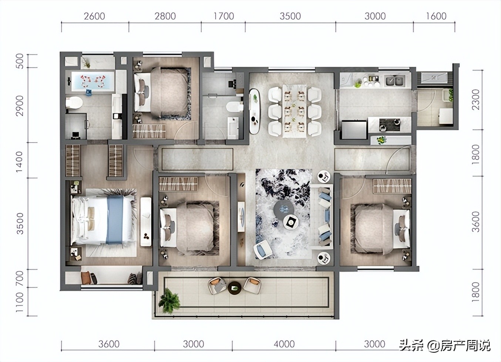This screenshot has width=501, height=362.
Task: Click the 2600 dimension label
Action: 94,16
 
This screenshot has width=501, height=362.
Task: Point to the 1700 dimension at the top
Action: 223,16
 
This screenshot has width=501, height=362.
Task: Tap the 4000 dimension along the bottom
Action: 284,344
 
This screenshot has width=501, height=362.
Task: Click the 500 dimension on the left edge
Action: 20,61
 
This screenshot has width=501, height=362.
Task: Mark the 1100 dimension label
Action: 20,302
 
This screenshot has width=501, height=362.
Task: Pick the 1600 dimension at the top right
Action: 436,16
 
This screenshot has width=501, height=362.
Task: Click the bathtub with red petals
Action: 93,81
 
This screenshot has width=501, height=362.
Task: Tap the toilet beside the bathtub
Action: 74,103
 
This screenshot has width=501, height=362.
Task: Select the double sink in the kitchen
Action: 395,81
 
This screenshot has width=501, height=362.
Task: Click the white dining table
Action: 295,111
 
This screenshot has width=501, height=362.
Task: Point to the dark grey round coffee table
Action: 283,210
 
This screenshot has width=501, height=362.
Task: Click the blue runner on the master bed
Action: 114,220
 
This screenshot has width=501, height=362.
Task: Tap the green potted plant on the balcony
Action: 169,301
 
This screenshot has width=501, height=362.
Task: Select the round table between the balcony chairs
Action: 234,288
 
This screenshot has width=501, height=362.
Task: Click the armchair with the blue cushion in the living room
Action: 263,249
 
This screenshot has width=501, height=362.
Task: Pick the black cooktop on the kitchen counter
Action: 390,125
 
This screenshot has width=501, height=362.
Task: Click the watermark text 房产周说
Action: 465,346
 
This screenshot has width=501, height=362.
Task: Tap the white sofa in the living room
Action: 322,217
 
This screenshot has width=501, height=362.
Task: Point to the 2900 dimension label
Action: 20,105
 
